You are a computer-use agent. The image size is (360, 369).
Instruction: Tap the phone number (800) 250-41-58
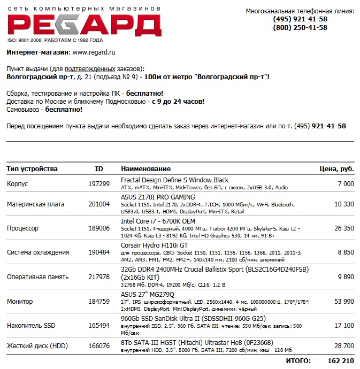[300, 28]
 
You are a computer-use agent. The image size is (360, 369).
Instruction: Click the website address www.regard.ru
[94, 52]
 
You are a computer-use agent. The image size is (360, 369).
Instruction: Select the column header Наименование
[145, 169]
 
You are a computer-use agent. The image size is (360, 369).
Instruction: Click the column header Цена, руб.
[336, 169]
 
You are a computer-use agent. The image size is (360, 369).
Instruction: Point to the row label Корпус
[17, 184]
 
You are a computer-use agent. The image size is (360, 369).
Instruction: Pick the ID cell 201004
[99, 204]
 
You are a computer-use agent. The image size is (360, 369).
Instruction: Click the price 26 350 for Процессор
[344, 228]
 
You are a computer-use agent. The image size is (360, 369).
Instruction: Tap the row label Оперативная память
[37, 277]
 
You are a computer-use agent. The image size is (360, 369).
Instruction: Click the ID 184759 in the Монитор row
[99, 301]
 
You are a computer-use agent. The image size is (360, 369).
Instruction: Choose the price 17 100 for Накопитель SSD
[344, 325]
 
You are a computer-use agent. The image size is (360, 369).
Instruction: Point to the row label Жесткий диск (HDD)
[37, 346]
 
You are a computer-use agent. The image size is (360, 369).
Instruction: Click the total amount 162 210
[341, 362]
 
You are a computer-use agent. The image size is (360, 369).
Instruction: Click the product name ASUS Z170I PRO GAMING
[158, 197]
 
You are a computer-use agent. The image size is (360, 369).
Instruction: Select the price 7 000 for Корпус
[346, 184]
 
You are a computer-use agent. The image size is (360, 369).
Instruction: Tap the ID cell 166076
[99, 346]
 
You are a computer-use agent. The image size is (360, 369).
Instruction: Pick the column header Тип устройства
[32, 169]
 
